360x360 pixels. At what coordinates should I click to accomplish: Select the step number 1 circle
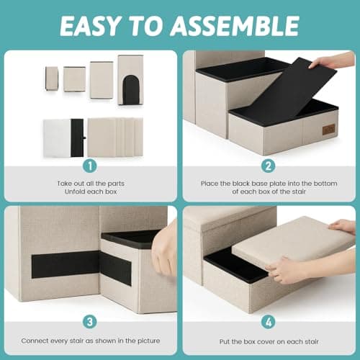tap(90, 165)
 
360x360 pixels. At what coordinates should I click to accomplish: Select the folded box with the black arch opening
tap(130, 81)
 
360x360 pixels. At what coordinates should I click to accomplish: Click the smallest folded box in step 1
tap(51, 78)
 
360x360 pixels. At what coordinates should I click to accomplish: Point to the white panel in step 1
tap(55, 137)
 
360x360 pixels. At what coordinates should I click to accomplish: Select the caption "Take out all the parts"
tap(90, 184)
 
